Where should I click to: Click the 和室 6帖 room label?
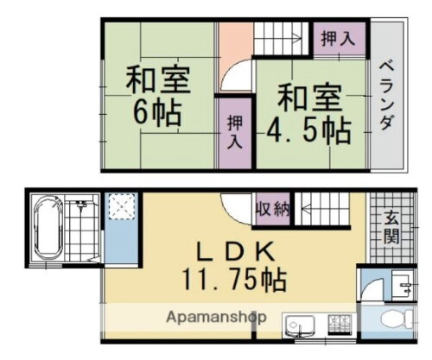(x=158, y=98)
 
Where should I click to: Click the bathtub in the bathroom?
(x=47, y=229)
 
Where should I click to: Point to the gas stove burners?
(x=338, y=326)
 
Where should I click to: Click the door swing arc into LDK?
(x=234, y=207)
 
